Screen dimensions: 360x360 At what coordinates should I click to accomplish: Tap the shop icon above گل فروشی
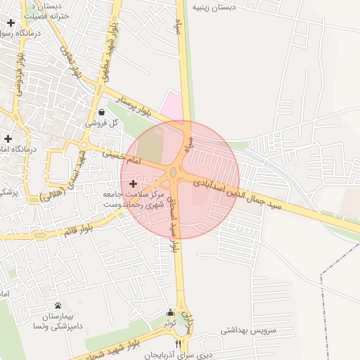click(103, 112)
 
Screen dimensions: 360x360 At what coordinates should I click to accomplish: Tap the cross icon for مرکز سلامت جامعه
click(133, 183)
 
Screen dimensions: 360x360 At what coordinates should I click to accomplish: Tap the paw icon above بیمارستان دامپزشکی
click(57, 306)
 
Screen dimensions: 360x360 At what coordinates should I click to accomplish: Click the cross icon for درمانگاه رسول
click(11, 23)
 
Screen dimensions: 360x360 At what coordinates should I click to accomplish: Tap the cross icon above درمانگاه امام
click(7, 139)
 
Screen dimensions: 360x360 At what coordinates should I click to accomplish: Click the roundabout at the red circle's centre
click(173, 172)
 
